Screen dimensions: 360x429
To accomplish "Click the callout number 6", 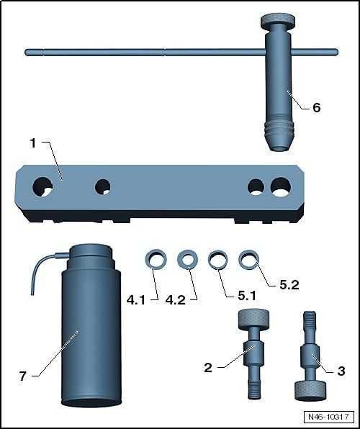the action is [317, 108].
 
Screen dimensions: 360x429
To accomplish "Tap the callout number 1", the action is [33, 143].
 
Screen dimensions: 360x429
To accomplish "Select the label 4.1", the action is [136, 300].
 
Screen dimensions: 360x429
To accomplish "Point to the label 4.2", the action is [176, 300].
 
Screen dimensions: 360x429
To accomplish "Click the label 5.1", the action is [247, 296].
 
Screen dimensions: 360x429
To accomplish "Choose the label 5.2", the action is [289, 285].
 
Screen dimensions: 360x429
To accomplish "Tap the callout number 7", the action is [23, 376].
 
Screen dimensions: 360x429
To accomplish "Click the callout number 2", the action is [208, 368].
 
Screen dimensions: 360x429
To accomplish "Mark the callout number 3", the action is [341, 371].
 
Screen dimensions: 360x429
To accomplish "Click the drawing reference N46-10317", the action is [328, 417].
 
